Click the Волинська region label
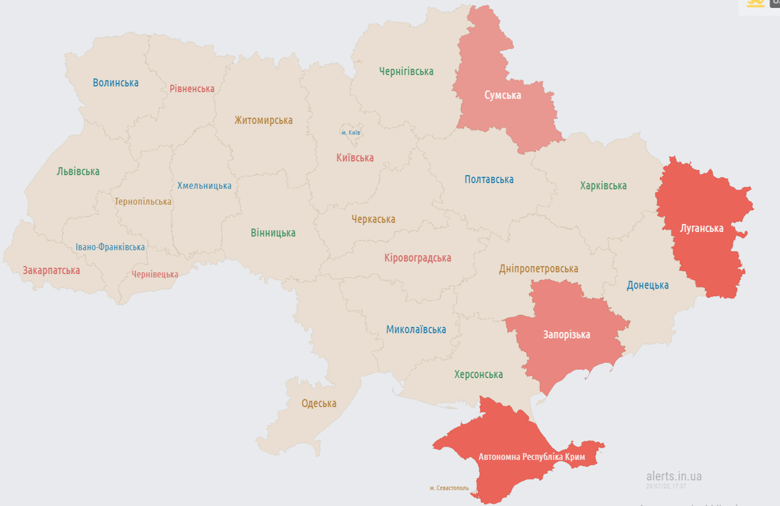(x=115, y=83)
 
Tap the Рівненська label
(x=192, y=88)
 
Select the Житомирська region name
(x=263, y=121)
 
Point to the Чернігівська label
(x=406, y=71)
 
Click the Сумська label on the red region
(x=502, y=96)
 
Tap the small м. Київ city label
(x=351, y=132)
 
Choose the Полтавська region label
(x=489, y=179)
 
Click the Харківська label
(x=603, y=186)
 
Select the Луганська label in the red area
(x=702, y=229)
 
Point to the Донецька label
(x=647, y=285)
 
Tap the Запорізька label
(x=566, y=335)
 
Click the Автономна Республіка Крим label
(x=531, y=457)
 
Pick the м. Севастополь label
(x=449, y=488)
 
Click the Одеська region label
(x=318, y=403)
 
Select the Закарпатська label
(x=51, y=270)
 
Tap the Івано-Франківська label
(x=110, y=247)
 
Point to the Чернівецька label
(x=154, y=274)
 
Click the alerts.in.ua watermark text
(x=674, y=476)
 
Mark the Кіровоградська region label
(x=417, y=258)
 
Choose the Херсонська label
(x=478, y=374)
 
